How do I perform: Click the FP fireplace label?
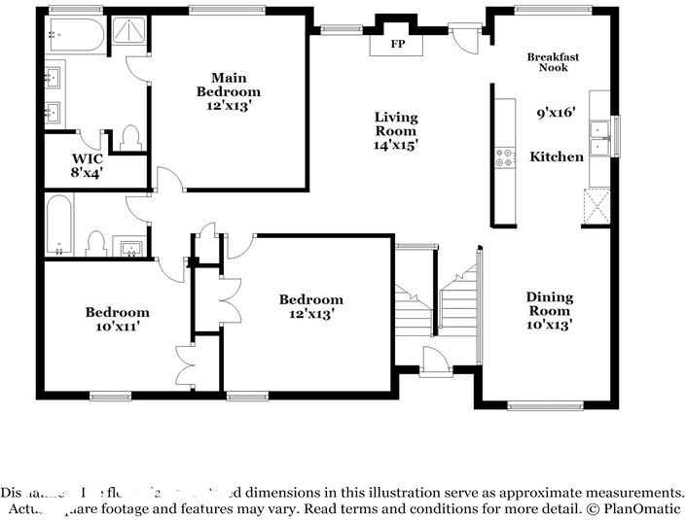coord(398,46)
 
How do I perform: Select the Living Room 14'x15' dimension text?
coord(395,145)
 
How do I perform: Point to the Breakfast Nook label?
coord(553,62)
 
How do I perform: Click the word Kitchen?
coord(557,156)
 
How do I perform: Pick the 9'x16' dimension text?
coord(557,113)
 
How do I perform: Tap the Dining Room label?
coord(550,303)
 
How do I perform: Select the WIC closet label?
coord(87,157)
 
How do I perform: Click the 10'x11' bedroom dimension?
coord(117,328)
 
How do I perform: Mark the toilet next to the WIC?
coord(130,139)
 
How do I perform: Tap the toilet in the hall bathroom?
coord(96,240)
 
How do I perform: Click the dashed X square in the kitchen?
coord(596,207)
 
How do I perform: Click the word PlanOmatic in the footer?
coord(643,509)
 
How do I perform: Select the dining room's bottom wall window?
coord(546,406)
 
